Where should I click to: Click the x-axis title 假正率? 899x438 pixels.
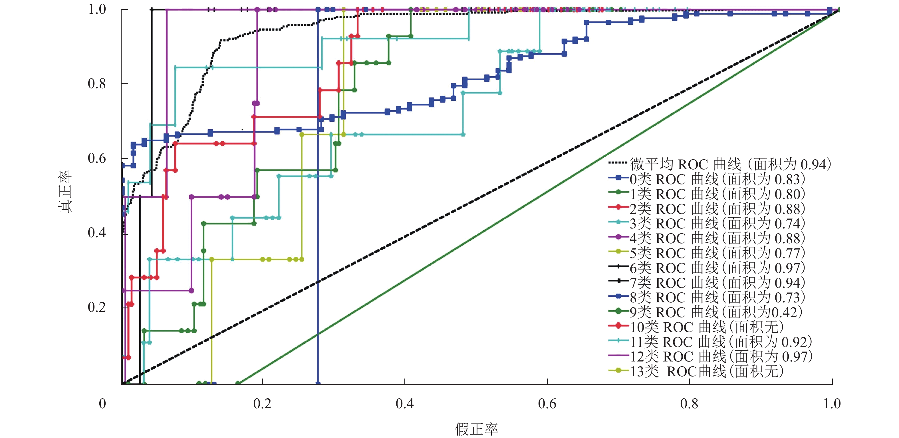pyautogui.click(x=476, y=429)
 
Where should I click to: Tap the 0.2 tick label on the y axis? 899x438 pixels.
pyautogui.click(x=97, y=307)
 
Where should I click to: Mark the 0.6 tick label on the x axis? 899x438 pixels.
pyautogui.click(x=547, y=404)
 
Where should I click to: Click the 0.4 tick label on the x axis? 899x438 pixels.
pyautogui.click(x=404, y=404)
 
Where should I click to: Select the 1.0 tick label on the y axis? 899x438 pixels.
pyautogui.click(x=97, y=9)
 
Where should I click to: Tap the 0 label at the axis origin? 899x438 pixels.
pyautogui.click(x=102, y=404)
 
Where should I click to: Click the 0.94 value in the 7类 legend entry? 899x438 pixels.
pyautogui.click(x=789, y=283)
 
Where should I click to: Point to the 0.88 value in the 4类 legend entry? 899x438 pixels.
pyautogui.click(x=789, y=238)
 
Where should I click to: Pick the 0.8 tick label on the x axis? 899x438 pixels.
pyautogui.click(x=689, y=404)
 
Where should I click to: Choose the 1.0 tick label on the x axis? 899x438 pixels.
pyautogui.click(x=832, y=404)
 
